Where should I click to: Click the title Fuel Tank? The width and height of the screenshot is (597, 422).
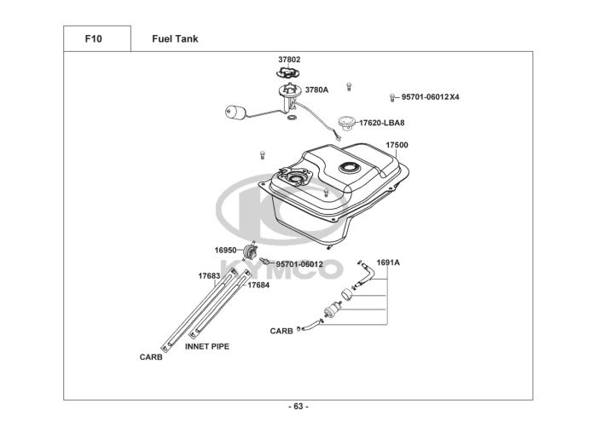tap(175, 39)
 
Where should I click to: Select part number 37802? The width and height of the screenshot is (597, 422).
tap(289, 60)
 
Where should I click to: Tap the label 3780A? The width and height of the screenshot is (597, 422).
tap(316, 89)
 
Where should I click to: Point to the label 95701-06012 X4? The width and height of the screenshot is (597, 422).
tap(431, 97)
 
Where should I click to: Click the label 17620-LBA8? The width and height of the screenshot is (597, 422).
tap(381, 124)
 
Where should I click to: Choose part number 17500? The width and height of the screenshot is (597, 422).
tap(397, 145)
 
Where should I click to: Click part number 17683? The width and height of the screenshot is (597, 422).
tap(209, 276)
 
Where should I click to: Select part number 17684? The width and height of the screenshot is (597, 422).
tap(258, 285)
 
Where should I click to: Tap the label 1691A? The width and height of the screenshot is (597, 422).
tap(388, 263)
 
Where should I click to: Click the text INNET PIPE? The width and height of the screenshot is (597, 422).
tap(206, 347)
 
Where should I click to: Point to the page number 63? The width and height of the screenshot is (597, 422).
tap(298, 407)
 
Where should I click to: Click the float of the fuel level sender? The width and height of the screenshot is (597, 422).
tap(235, 112)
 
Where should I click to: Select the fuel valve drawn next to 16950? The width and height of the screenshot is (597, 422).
tap(251, 251)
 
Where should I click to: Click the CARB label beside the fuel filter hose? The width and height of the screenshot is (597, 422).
tap(281, 330)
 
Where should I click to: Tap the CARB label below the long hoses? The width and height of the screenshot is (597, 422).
tap(151, 358)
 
